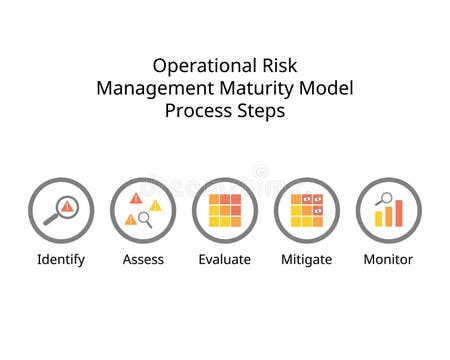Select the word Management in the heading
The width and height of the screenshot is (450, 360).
(148, 88)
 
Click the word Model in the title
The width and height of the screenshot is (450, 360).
(328, 88)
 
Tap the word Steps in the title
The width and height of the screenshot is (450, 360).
(261, 111)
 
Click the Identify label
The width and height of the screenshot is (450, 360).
(61, 259)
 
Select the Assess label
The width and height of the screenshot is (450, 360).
(143, 259)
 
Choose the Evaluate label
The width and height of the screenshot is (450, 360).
(225, 259)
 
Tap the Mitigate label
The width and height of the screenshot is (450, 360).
(307, 259)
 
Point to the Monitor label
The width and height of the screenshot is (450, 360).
(388, 259)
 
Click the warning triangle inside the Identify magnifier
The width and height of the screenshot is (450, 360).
(66, 206)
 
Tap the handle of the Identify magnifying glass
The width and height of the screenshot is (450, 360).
(49, 219)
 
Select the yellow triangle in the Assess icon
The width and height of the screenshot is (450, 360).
(155, 205)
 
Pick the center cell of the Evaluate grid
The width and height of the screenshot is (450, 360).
(225, 210)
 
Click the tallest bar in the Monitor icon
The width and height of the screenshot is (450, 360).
(398, 211)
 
